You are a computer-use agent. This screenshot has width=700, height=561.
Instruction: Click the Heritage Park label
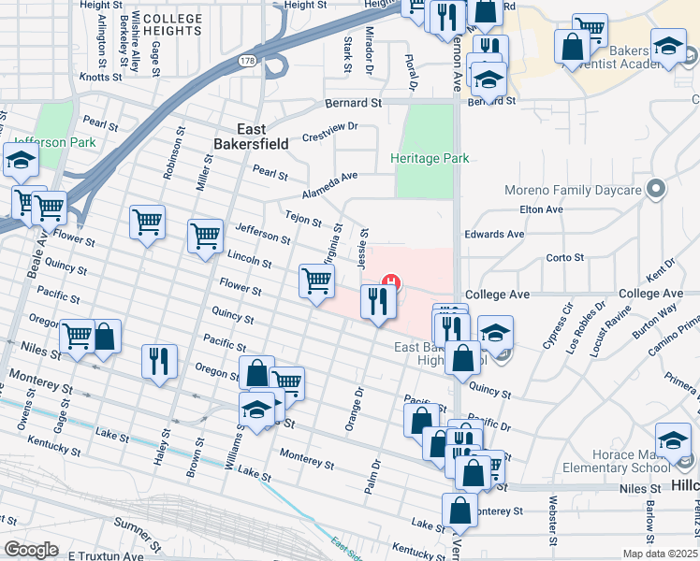tap(430, 159)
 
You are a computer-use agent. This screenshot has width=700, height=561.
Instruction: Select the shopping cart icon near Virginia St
tap(317, 280)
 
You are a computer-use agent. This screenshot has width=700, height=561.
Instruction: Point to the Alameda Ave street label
tap(330, 177)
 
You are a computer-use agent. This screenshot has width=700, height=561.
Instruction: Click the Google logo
tap(32, 550)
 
